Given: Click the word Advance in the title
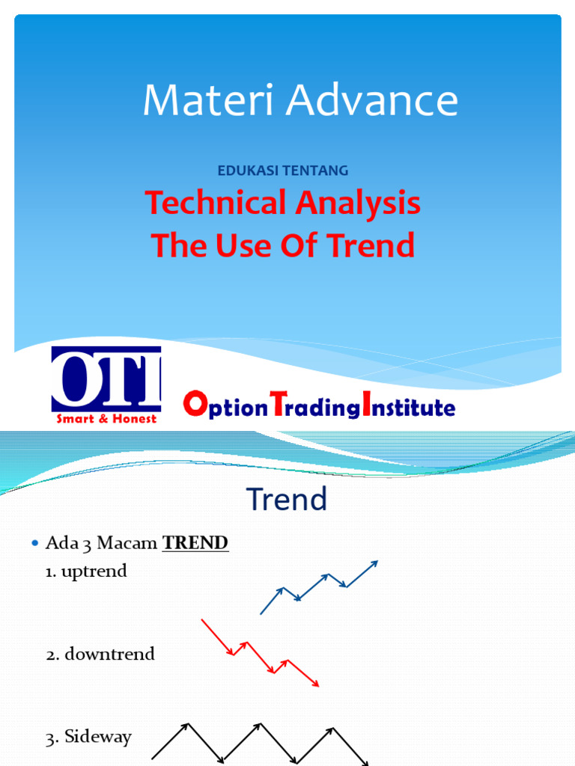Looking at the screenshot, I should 373,100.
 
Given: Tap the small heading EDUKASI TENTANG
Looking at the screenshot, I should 283,171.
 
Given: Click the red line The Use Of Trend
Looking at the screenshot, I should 283,245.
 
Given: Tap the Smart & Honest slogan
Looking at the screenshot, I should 106,419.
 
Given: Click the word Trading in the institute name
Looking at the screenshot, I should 314,408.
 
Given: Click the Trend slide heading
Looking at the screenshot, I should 287,500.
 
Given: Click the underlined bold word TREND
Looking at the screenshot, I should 195,543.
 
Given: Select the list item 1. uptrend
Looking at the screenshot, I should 86,572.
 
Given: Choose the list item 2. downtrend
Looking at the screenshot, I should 100,654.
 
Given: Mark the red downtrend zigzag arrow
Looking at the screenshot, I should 260,653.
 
